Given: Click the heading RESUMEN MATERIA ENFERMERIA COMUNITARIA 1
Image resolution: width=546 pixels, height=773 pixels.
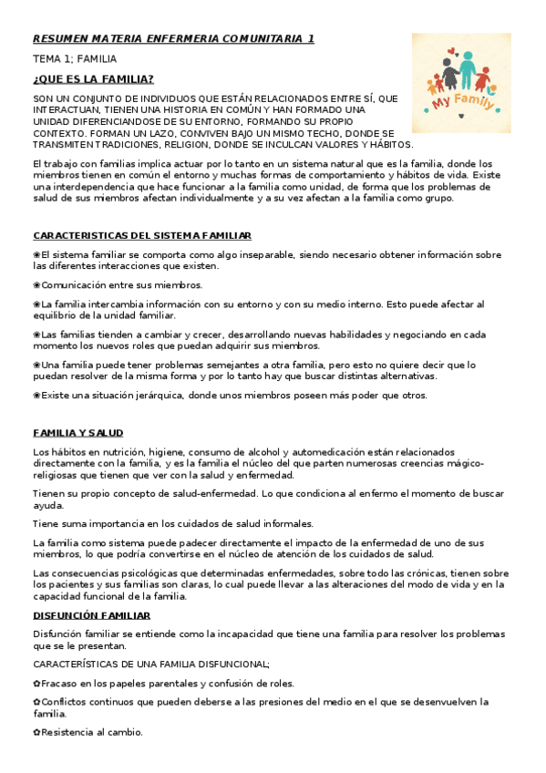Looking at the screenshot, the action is (x=173, y=39).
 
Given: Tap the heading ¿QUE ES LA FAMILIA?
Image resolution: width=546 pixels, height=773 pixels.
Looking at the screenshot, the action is (x=93, y=79).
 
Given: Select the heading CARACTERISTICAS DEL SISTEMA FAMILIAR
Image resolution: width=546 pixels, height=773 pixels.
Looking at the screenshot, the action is (x=142, y=235).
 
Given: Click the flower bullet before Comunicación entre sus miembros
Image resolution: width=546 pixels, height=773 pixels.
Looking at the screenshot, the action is (x=36, y=285).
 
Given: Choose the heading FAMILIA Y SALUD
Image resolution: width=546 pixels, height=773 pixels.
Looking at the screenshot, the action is (x=78, y=433).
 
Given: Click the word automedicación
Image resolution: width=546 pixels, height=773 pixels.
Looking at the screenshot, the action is (x=335, y=452).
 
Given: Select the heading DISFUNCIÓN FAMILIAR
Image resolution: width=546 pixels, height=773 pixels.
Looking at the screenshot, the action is (x=91, y=616).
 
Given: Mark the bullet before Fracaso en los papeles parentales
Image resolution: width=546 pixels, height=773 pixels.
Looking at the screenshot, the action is (x=36, y=684).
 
